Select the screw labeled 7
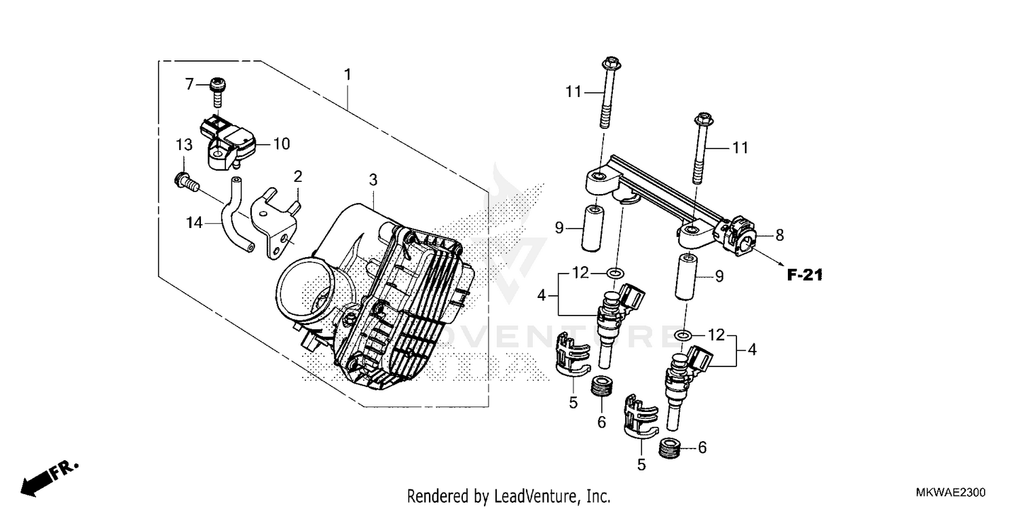point(217,90)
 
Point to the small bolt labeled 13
point(185,182)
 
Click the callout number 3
point(373,180)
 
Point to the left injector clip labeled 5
point(572,353)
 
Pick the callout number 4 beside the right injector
point(751,350)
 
